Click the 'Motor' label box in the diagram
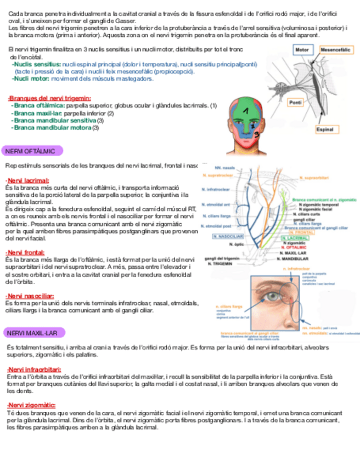(x=302, y=50)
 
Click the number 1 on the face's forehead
(x=246, y=111)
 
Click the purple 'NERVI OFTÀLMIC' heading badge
(x=32, y=151)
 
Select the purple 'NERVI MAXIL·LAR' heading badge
(x=34, y=333)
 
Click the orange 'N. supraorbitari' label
(x=314, y=178)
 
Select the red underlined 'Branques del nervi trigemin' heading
(x=42, y=98)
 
